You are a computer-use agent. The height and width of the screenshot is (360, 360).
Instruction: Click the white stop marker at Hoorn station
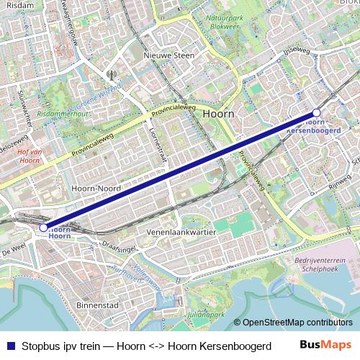point(43,228)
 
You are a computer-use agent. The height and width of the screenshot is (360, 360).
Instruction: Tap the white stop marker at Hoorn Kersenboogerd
point(316,113)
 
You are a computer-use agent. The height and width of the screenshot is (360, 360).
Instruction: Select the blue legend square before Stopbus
point(10,345)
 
